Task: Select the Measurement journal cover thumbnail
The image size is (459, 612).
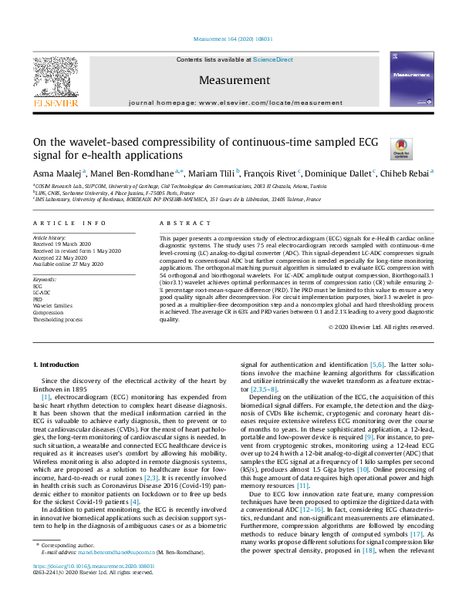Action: [x=408, y=80]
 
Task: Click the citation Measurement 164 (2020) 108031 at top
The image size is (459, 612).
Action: [x=228, y=39]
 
